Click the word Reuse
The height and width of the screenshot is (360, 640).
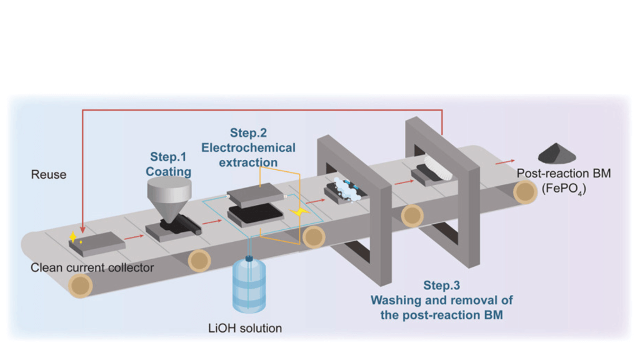pos(48,174)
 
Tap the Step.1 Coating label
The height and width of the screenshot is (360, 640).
pos(169,164)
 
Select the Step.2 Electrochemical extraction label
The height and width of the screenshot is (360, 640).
pos(248,147)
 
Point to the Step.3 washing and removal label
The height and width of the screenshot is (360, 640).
pos(442,300)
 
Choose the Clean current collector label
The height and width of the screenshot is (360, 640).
pos(92,268)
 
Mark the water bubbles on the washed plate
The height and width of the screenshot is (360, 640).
pos(344,187)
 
